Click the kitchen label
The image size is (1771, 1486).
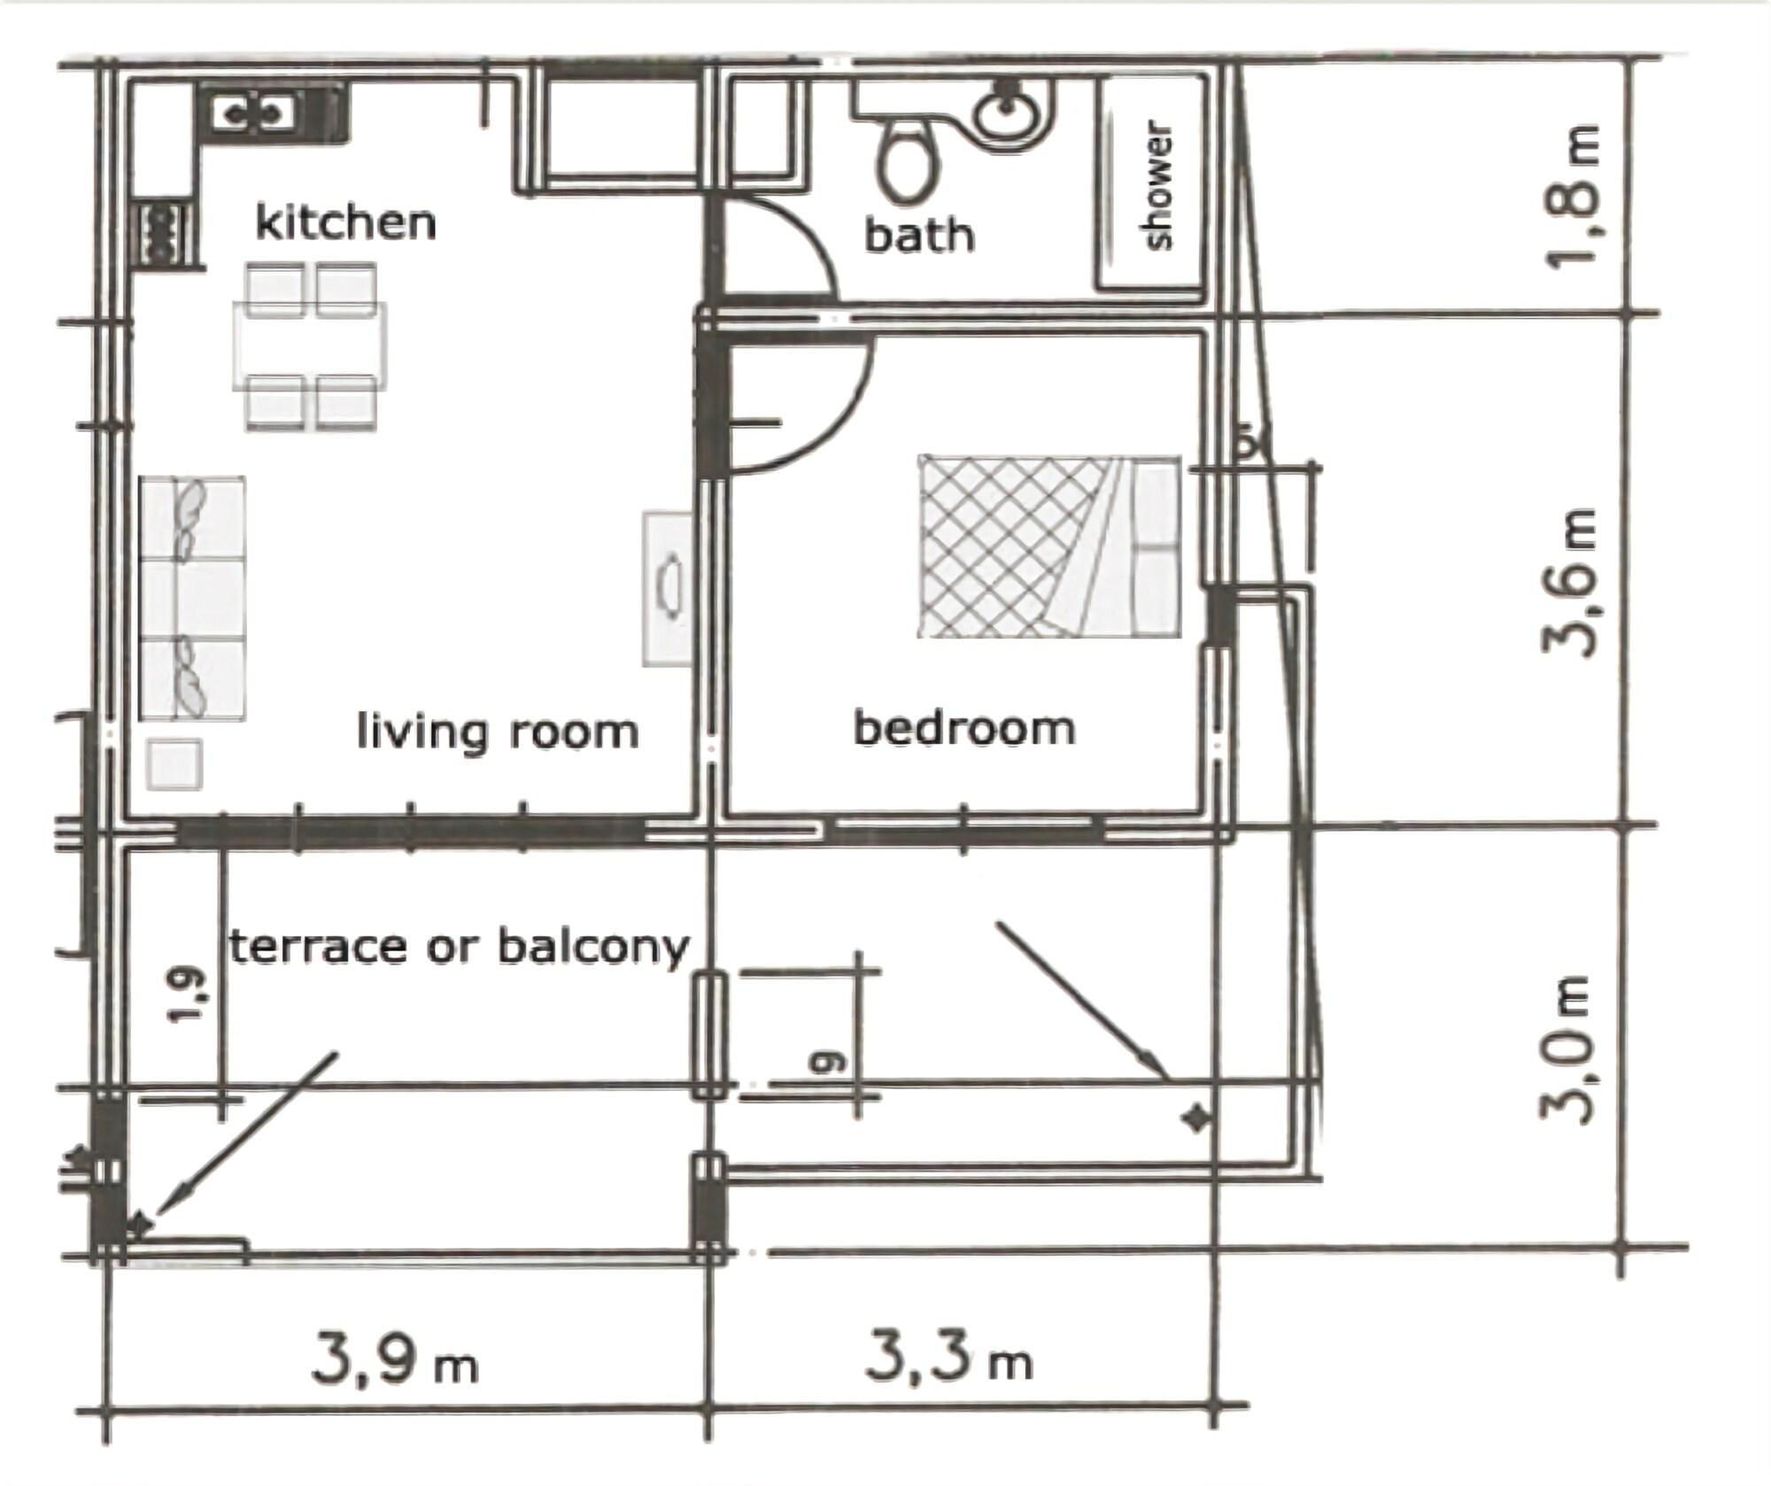(x=345, y=222)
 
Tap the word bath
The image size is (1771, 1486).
(x=919, y=236)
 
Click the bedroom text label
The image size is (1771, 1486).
(x=964, y=729)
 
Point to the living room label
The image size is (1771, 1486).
(x=497, y=732)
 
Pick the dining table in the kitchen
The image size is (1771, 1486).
(x=310, y=345)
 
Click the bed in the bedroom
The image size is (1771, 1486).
(x=1049, y=546)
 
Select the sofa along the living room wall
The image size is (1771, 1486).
(x=192, y=598)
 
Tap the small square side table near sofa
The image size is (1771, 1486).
(x=174, y=764)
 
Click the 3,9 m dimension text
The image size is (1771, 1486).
(x=395, y=1361)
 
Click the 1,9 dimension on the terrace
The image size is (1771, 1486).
(x=189, y=995)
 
